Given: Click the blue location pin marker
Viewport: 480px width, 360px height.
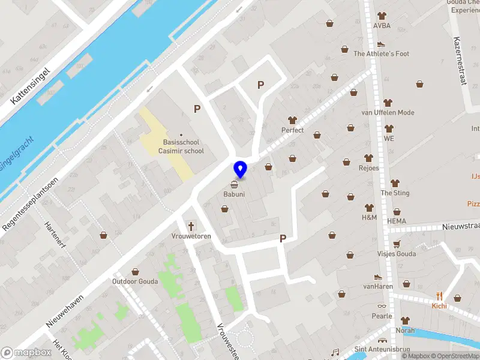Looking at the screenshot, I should [240, 170].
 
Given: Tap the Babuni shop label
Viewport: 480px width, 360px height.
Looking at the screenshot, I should [234, 194].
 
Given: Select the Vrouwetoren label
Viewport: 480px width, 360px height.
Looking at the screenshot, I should [191, 236].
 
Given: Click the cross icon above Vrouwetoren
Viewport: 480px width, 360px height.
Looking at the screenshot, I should [191, 226].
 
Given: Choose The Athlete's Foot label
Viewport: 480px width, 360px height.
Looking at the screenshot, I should [381, 54].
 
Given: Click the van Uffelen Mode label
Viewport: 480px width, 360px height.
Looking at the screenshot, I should [388, 112].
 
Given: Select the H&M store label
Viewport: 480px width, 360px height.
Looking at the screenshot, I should [368, 217].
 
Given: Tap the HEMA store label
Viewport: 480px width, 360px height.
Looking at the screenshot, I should [396, 221].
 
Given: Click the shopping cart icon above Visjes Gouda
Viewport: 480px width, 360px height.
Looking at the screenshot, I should [396, 244].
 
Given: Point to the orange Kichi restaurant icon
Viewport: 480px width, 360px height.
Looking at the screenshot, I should [439, 295].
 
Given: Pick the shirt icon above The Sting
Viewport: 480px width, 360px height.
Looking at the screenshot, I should [395, 183].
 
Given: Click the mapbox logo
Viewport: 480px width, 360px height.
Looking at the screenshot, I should [26, 352].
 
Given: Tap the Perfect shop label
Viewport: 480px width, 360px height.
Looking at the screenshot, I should [293, 130].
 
